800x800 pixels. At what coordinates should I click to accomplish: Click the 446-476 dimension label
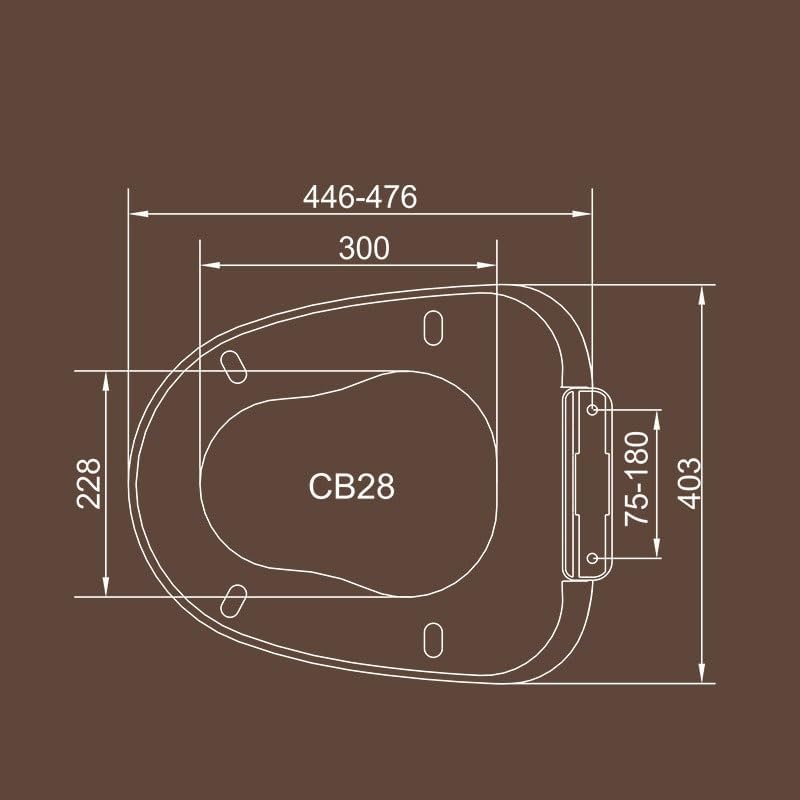click(x=360, y=197)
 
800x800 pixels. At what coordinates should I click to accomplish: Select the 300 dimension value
click(x=363, y=249)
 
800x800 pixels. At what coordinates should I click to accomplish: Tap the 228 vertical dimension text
click(x=90, y=483)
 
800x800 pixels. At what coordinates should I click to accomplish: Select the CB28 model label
click(x=351, y=487)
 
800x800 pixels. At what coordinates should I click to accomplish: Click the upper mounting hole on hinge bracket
click(x=592, y=410)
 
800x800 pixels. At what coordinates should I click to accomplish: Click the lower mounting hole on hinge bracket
click(x=592, y=558)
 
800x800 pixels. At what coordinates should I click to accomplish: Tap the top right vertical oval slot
click(x=434, y=327)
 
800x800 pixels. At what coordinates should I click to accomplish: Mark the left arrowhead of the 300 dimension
click(x=207, y=265)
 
